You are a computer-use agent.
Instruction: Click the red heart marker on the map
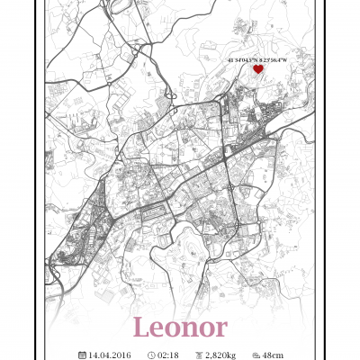tap(257, 68)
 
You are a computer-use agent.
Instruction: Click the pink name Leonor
tap(179, 327)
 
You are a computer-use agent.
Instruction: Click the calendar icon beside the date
tap(82, 355)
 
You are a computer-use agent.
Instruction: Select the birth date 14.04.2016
tap(109, 355)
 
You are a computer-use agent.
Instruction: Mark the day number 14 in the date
tap(93, 355)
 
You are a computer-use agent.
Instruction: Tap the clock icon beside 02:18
tap(150, 355)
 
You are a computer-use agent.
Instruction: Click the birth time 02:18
tap(167, 355)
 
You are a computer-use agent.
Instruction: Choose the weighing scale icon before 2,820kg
tap(198, 355)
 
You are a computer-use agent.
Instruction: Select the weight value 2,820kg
tap(220, 355)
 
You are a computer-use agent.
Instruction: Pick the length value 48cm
tap(273, 355)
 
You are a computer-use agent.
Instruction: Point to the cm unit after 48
tap(277, 355)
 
